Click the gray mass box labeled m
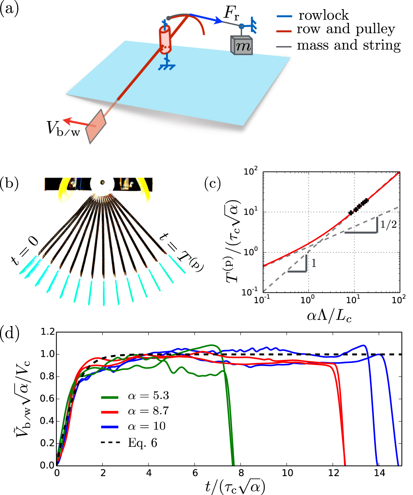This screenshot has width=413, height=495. click(241, 45)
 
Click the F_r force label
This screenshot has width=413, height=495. click(231, 13)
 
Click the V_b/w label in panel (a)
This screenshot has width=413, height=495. click(63, 128)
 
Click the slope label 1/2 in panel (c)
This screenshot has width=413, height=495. click(388, 225)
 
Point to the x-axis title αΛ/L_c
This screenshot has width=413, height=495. click(329, 316)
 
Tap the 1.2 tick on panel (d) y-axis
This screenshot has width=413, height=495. click(48, 332)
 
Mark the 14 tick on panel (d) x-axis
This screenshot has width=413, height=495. click(379, 473)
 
